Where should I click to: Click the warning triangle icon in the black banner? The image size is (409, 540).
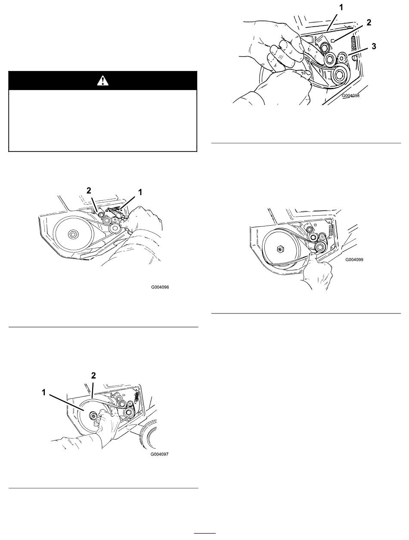tap(103, 81)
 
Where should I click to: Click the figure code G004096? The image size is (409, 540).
tap(160, 287)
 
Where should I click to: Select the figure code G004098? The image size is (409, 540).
tap(350, 96)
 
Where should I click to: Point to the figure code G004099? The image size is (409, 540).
tap(354, 260)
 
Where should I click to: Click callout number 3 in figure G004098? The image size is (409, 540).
tap(374, 46)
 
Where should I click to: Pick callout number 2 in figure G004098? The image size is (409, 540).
tap(369, 22)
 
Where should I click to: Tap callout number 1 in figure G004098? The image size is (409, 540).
tap(341, 8)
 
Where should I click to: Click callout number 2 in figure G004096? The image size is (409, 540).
tap(89, 190)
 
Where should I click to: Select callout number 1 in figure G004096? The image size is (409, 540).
tap(140, 192)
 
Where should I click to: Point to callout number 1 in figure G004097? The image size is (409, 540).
tap(44, 392)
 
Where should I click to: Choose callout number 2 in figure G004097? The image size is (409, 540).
tap(93, 376)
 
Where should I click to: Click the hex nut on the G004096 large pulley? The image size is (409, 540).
tap(73, 234)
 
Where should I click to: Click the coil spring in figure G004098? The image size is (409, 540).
tap(354, 44)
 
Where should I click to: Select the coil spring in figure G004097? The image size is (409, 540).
tap(136, 397)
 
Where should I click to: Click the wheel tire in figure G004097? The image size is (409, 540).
tap(148, 434)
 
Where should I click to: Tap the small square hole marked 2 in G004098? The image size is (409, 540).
tap(332, 40)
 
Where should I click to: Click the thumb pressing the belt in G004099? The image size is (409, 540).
tap(313, 255)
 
